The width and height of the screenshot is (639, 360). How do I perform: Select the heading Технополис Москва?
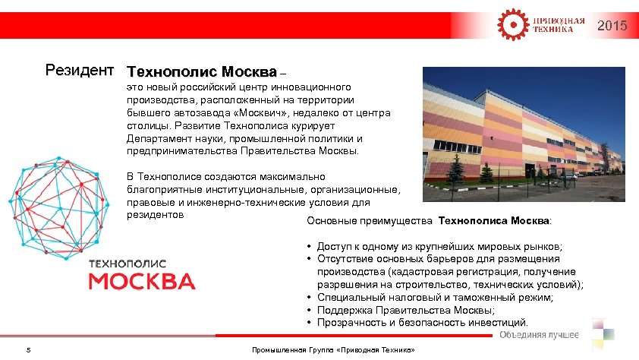click(x=202, y=73)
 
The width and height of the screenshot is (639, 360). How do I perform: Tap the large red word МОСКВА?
click(x=142, y=281)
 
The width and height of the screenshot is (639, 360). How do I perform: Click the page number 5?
click(x=28, y=350)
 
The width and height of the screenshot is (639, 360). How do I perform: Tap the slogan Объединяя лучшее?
click(x=539, y=335)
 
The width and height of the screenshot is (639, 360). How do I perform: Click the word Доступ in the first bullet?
click(x=335, y=247)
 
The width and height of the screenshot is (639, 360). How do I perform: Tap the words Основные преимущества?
click(x=370, y=221)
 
